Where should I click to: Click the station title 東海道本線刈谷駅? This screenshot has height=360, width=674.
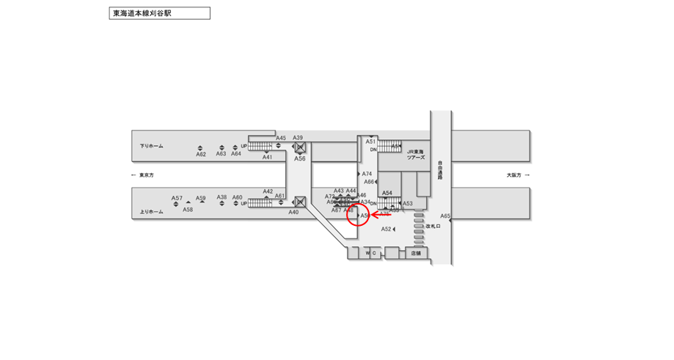point(159,13)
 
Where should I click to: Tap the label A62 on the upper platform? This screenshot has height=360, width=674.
point(201,154)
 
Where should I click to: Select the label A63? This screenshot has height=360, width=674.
point(221,154)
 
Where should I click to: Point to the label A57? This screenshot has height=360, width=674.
point(177,198)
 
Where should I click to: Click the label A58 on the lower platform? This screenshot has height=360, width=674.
point(188,210)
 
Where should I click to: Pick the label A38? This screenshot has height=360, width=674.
point(221,198)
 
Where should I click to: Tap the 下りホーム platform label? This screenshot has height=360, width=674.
point(152,146)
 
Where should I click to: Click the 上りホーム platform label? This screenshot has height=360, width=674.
point(151,212)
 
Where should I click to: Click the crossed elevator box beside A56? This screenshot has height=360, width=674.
point(299,147)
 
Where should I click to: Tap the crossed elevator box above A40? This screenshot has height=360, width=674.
point(299,201)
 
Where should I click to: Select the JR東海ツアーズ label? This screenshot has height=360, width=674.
point(417,155)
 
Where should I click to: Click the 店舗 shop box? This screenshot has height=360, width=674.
point(416,253)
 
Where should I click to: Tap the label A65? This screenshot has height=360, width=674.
point(445,216)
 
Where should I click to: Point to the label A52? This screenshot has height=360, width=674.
point(386,229)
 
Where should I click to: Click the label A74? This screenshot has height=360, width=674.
point(367,174)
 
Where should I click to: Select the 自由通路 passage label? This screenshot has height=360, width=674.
point(440,171)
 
